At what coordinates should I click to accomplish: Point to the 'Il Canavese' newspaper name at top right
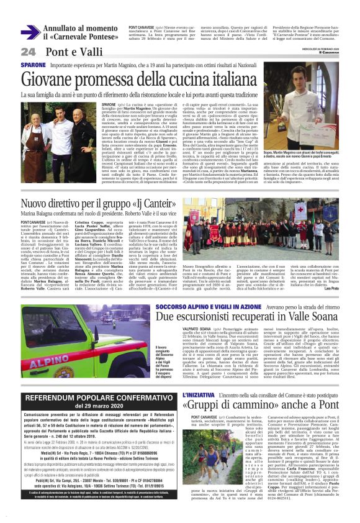336,52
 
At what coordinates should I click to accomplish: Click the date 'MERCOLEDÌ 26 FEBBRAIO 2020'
335,47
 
